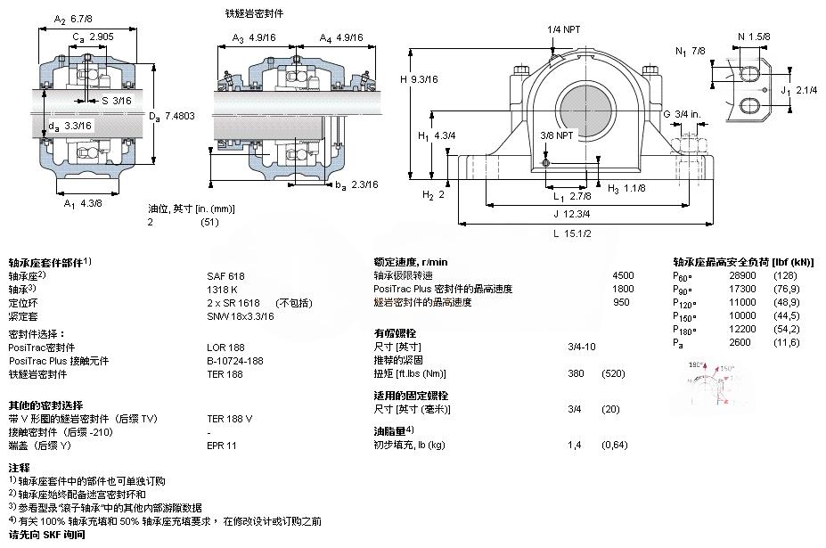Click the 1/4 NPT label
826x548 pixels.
(x=563, y=29)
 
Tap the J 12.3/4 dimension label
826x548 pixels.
(x=573, y=214)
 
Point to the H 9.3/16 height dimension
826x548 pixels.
(x=419, y=79)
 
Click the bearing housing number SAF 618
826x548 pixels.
(x=225, y=276)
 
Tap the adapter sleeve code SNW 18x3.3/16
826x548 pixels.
(x=241, y=316)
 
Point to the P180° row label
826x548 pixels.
(x=684, y=330)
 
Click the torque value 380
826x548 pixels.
(x=576, y=373)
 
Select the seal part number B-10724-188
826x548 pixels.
(x=234, y=361)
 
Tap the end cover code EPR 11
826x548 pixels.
(x=221, y=445)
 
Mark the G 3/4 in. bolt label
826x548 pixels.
(x=681, y=113)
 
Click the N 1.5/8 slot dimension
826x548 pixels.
(x=754, y=37)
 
